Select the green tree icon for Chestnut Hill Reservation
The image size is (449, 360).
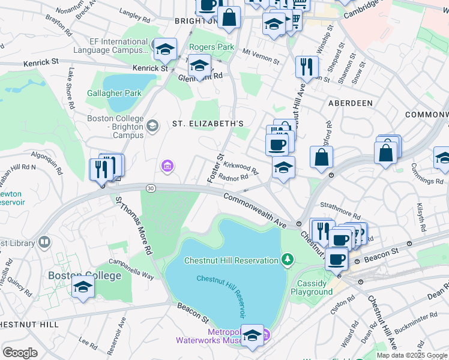[x=288, y=260]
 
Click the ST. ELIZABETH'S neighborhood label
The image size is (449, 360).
[x=208, y=124]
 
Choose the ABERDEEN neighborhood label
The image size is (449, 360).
[x=350, y=103]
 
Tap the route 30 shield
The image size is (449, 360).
[x=150, y=188]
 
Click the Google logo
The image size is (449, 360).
[x=20, y=352]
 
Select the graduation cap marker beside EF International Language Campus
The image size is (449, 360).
[x=164, y=49]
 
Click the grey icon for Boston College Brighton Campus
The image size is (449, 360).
[x=152, y=125]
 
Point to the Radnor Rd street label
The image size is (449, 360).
[x=234, y=177]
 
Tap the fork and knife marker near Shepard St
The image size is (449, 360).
[x=307, y=67]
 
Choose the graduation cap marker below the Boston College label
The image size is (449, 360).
[x=83, y=287]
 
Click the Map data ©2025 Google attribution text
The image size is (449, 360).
[x=411, y=355]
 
